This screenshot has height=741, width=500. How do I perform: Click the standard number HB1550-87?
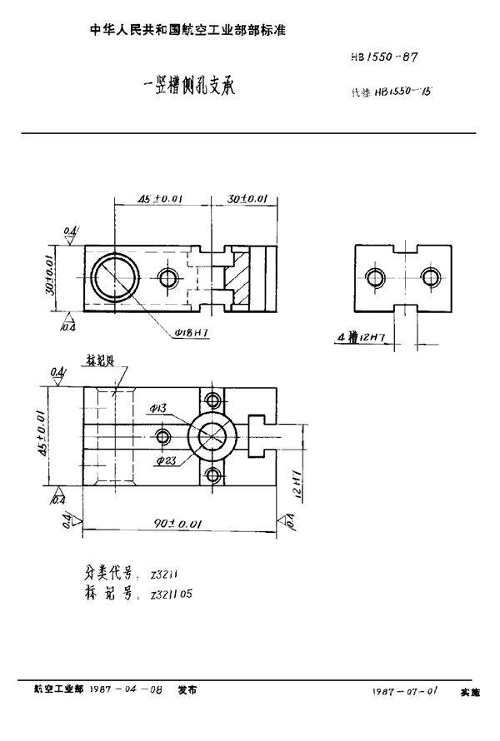[x=381, y=58]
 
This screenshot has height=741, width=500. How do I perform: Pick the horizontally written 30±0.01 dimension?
[x=248, y=200]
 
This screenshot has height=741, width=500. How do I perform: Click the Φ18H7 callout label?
[x=192, y=331]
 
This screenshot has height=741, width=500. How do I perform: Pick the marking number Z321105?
[x=175, y=595]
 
